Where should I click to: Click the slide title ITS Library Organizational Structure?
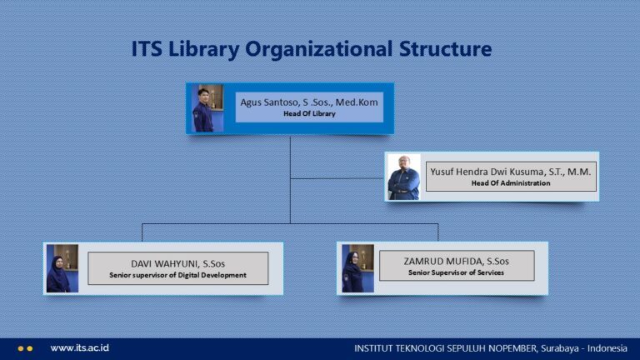coord(311,49)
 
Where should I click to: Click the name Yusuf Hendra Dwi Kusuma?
coord(510,171)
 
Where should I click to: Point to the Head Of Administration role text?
coord(510,183)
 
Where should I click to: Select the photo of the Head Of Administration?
coord(404,177)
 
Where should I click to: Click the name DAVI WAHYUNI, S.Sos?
coord(177,263)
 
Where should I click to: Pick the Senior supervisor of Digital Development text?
coord(177,275)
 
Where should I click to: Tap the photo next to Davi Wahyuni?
coord(62,268)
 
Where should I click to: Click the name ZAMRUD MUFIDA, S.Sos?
coord(456,261)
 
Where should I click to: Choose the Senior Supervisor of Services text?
coord(456,272)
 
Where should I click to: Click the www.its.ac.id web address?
coord(80,348)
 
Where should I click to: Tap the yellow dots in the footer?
coord(25,348)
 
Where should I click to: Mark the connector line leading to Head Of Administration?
coord(337,177)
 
